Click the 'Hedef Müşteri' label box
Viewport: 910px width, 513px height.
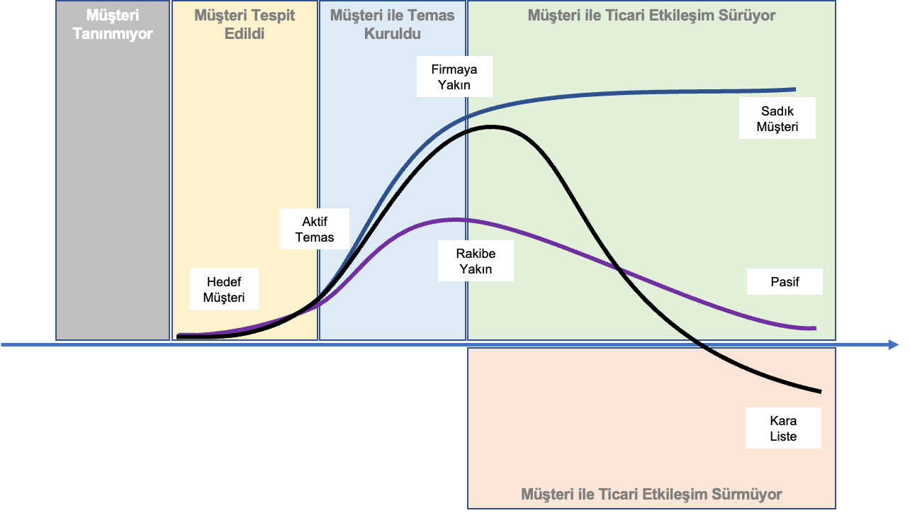pyautogui.click(x=224, y=289)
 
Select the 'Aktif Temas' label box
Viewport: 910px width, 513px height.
pyautogui.click(x=314, y=229)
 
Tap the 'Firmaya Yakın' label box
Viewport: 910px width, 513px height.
pyautogui.click(x=454, y=77)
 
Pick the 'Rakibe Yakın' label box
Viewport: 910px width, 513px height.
pyautogui.click(x=475, y=261)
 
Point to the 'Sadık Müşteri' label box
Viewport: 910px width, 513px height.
pyautogui.click(x=777, y=119)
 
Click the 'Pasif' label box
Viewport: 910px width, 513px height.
pyautogui.click(x=785, y=282)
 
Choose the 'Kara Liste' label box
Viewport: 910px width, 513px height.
pyautogui.click(x=783, y=428)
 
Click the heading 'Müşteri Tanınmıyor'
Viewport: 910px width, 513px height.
pyautogui.click(x=113, y=24)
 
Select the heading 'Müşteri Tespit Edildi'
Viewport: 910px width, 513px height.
pyautogui.click(x=245, y=24)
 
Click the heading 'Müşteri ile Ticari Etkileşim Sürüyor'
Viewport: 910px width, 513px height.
pyautogui.click(x=651, y=15)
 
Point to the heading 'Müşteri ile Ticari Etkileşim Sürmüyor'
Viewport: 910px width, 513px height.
pyautogui.click(x=651, y=494)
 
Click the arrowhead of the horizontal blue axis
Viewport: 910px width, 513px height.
pyautogui.click(x=894, y=345)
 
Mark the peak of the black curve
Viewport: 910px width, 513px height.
pyautogui.click(x=490, y=127)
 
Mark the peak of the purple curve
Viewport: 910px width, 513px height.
pyautogui.click(x=455, y=219)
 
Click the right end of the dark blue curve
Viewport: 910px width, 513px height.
pyautogui.click(x=794, y=89)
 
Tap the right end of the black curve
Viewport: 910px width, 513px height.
pyautogui.click(x=819, y=391)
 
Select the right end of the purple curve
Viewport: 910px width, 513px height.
pyautogui.click(x=815, y=328)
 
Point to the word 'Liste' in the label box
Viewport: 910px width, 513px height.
pyautogui.click(x=783, y=436)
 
